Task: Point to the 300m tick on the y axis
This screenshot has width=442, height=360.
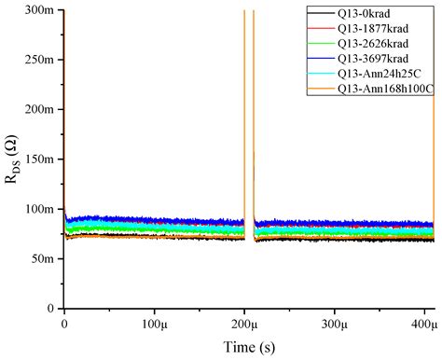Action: [39, 10]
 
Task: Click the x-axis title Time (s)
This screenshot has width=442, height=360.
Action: [248, 347]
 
